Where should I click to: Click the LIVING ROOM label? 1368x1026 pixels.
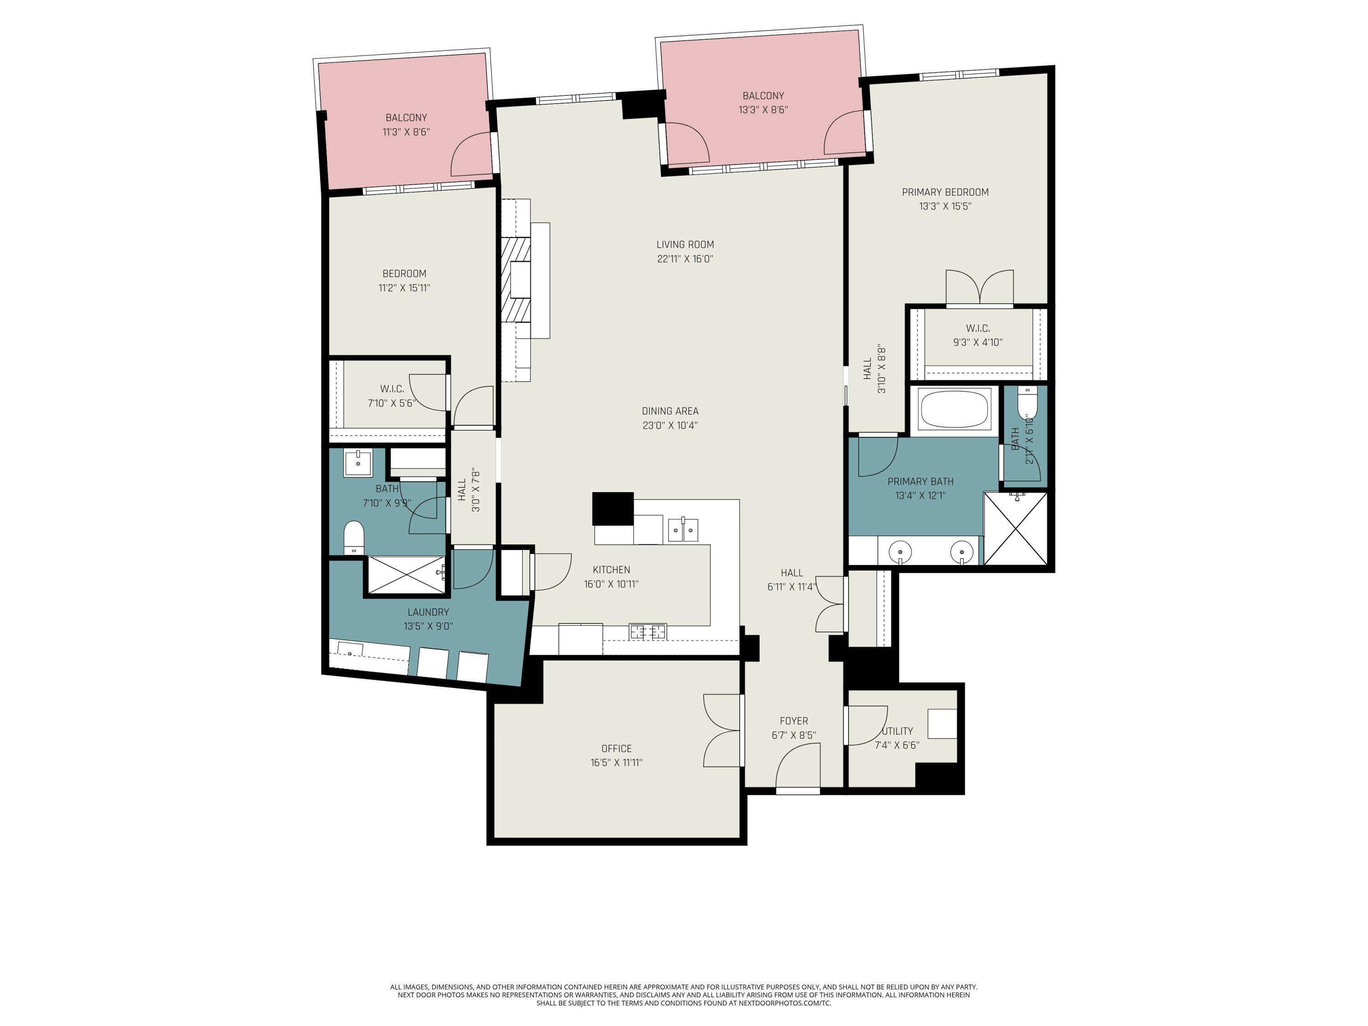click(684, 244)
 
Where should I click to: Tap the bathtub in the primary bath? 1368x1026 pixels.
click(954, 409)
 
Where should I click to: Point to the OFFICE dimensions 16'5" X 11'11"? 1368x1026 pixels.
click(616, 762)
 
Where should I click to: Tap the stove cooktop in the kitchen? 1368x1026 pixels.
click(648, 632)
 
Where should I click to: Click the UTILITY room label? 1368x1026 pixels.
click(897, 731)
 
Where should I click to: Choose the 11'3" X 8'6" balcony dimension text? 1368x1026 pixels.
click(406, 132)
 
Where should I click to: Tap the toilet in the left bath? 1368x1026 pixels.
click(354, 537)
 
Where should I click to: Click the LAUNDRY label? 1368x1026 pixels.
click(428, 611)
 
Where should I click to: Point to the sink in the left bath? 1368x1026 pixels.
click(358, 462)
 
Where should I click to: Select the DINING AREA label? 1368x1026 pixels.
click(670, 411)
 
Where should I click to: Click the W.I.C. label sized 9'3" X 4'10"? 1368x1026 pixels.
click(977, 328)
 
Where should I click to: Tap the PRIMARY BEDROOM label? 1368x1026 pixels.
click(944, 192)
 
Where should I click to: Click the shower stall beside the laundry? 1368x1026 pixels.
click(406, 575)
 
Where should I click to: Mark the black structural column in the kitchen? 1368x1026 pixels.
click(612, 508)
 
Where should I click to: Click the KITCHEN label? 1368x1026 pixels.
click(611, 570)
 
